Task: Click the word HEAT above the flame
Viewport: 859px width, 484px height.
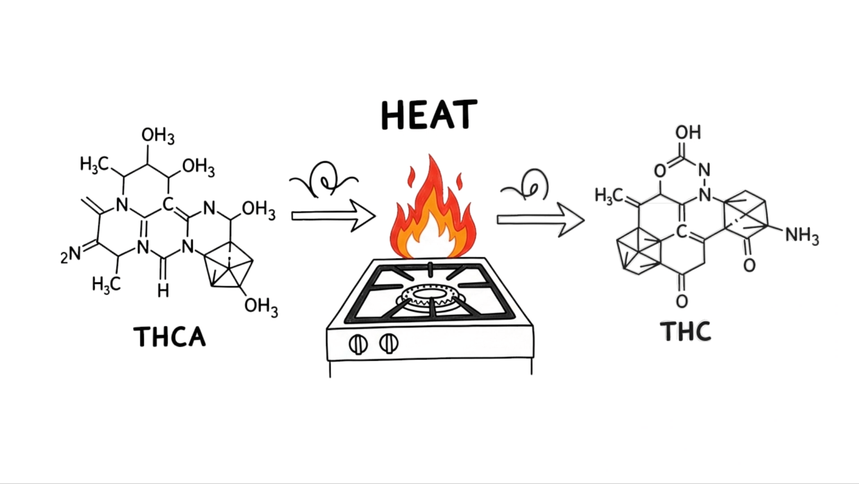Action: [429, 115]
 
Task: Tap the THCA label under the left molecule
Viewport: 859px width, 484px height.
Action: [170, 336]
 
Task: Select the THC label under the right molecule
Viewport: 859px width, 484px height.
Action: [686, 331]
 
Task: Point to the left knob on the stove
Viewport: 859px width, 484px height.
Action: [358, 344]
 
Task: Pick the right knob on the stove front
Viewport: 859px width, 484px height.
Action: [388, 343]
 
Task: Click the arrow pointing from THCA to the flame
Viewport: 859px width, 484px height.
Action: [333, 216]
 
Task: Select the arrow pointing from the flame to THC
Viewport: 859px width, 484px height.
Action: [541, 220]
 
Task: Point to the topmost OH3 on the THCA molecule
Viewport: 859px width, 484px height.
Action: [158, 136]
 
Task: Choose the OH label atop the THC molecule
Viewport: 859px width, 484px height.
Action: [688, 132]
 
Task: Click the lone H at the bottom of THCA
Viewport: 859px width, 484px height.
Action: [163, 290]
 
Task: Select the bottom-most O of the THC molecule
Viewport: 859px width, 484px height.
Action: [682, 301]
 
